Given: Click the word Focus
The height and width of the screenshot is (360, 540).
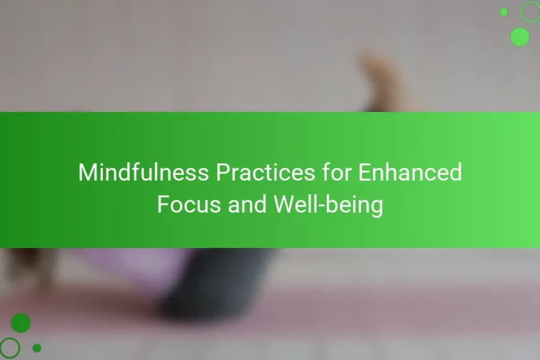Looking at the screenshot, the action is point(189,204).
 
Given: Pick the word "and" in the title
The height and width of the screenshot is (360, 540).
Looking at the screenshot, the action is point(247,204).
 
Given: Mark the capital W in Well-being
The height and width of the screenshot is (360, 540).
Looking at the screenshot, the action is point(286,204).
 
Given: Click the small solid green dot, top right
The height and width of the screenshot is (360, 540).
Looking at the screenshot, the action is point(503,12).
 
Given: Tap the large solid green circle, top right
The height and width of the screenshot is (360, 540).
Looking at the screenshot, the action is point(520,37).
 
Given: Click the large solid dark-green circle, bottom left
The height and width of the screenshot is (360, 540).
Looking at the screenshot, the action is point(21,323).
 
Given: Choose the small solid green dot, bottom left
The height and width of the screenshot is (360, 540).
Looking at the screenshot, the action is point(37,348).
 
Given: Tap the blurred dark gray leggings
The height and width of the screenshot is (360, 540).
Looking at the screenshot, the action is point(217,283).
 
